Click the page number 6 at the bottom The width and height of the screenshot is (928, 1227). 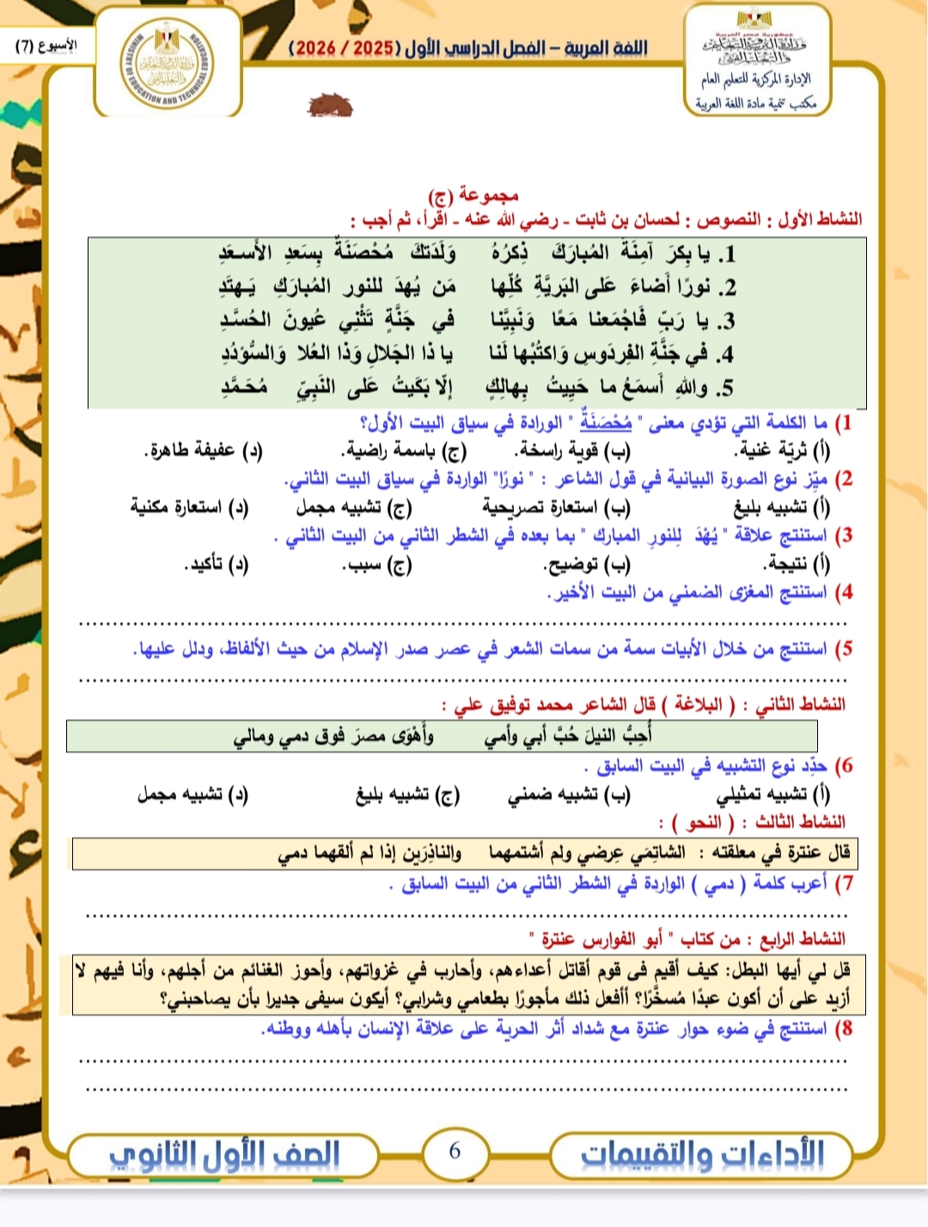click(455, 1151)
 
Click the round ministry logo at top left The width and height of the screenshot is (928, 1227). click(167, 67)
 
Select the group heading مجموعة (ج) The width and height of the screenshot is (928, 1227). click(473, 195)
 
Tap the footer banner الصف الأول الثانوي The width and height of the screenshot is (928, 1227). click(224, 1154)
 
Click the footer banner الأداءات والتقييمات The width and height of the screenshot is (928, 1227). click(702, 1154)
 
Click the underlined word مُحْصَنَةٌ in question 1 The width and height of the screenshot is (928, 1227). click(606, 422)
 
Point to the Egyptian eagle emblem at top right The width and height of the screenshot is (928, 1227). click(754, 19)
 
